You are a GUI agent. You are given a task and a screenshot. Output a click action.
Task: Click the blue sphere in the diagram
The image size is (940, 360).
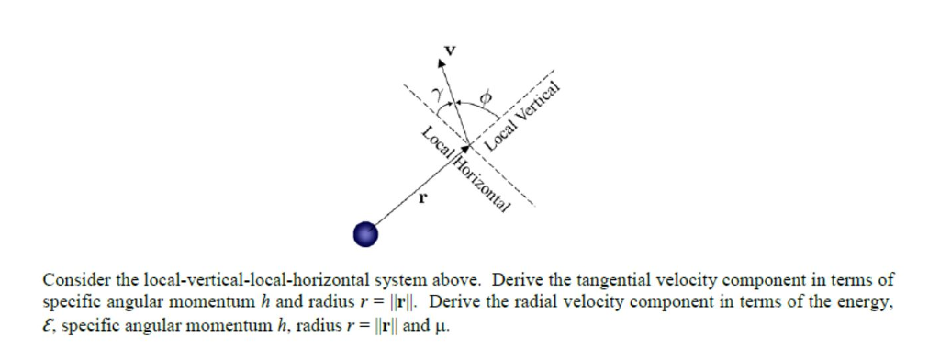tap(366, 234)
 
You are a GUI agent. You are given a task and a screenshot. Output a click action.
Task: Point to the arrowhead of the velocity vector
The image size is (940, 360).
tap(444, 64)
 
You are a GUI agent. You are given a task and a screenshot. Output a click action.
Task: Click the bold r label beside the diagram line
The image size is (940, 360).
tap(423, 196)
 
